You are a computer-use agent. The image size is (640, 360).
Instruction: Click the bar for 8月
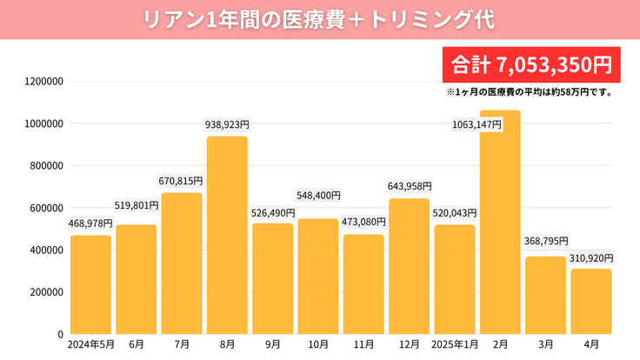(227, 235)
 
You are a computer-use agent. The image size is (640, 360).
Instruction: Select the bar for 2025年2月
(500, 222)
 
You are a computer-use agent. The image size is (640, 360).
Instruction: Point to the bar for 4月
(591, 301)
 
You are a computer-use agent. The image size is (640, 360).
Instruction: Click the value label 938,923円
(227, 125)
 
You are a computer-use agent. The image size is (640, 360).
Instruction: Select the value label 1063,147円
(477, 124)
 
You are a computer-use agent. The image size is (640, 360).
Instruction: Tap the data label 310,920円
(591, 258)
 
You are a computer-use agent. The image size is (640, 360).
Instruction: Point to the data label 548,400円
(318, 196)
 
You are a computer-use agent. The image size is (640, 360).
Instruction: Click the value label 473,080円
(363, 223)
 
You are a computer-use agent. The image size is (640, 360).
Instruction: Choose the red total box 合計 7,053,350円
(530, 64)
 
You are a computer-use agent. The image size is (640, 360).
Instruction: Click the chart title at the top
(320, 19)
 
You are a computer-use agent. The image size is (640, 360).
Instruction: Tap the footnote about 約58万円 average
(530, 91)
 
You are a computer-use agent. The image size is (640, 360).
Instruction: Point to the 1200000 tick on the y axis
(43, 82)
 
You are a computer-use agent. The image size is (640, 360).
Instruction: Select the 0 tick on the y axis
(60, 334)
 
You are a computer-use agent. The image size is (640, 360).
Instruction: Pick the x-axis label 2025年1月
(455, 345)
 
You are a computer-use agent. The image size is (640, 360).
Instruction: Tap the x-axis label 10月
(318, 345)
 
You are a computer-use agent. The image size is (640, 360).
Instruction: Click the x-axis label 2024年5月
(90, 345)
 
